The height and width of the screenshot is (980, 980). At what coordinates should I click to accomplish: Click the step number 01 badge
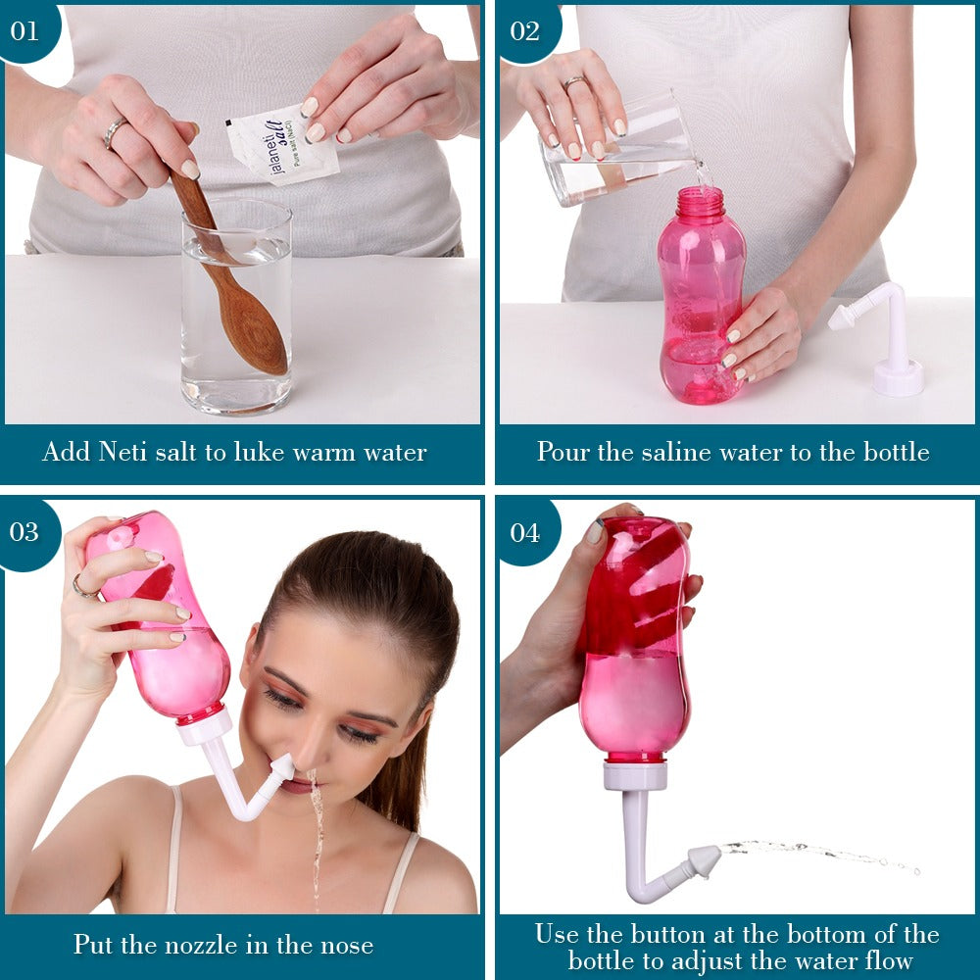[x=26, y=31]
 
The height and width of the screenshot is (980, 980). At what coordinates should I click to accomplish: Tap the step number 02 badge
[x=526, y=31]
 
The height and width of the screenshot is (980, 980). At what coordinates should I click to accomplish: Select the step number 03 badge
[x=26, y=532]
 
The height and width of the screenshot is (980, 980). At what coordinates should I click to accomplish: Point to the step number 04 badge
[x=526, y=532]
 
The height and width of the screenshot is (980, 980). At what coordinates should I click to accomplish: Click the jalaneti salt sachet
[x=282, y=145]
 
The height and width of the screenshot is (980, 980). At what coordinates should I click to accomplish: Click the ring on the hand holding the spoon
[x=114, y=132]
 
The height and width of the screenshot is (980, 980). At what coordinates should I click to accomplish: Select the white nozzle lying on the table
[x=882, y=337]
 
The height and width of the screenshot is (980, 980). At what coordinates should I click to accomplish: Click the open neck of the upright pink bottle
[x=700, y=201]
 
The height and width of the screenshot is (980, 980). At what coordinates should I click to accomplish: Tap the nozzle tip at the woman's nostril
[x=284, y=766]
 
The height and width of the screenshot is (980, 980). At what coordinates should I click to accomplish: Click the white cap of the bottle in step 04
[x=635, y=775]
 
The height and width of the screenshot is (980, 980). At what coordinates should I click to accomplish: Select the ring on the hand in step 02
[x=573, y=82]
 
